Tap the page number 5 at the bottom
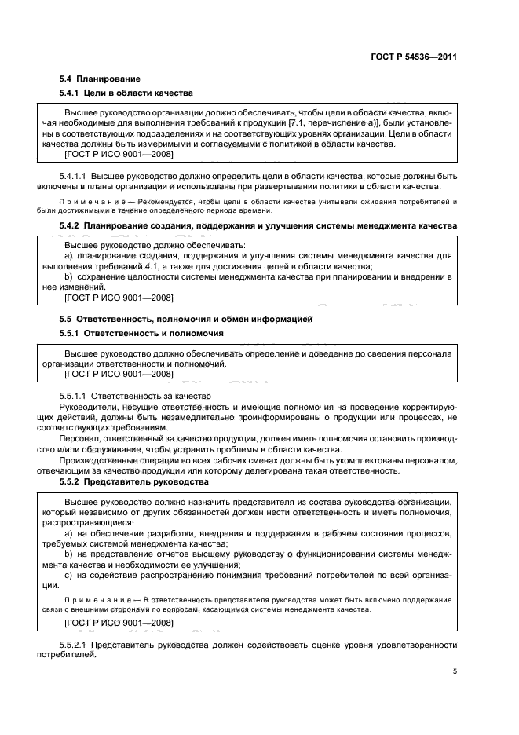[x=455, y=671]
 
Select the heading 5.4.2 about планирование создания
[x=259, y=226]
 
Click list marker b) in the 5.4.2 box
[x=68, y=277]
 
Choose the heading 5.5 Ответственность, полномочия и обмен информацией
[x=186, y=319]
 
